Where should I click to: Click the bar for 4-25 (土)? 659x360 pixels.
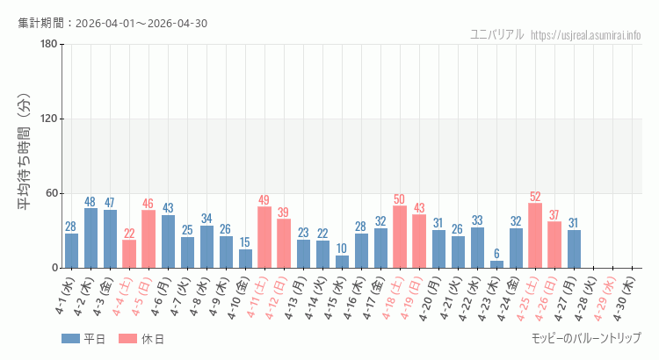point(535,235)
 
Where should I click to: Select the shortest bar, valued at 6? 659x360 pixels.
point(496,264)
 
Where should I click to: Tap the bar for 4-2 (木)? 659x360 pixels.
point(91,238)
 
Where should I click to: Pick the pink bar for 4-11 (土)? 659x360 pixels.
point(264,237)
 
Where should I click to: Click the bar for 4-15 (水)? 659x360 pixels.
point(342,262)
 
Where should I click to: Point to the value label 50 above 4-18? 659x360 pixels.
point(400,199)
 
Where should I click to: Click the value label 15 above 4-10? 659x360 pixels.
point(245,242)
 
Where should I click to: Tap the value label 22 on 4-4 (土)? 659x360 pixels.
point(129,234)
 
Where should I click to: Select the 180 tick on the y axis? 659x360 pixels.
point(48,45)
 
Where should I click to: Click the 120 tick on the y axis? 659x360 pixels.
point(48,119)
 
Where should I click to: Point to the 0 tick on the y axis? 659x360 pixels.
point(54,268)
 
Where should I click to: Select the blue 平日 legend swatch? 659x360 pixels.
point(71,339)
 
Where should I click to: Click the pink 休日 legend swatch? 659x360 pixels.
point(128,339)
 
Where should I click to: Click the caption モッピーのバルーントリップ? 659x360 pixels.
point(586,338)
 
